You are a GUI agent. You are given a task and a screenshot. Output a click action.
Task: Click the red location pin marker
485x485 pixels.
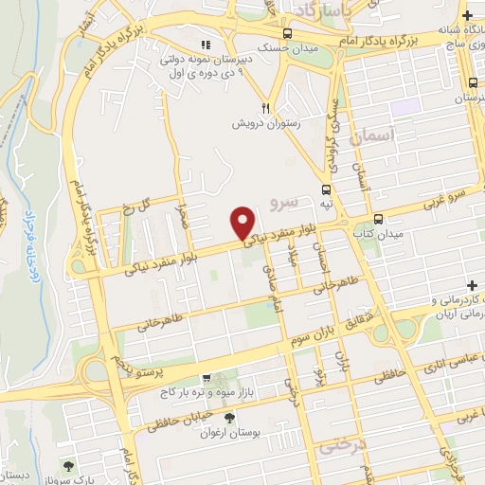click(x=242, y=223)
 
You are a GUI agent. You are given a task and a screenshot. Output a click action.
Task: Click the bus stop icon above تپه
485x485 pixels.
click(x=326, y=189)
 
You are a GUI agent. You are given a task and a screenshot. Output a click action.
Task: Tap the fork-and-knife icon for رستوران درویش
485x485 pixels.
click(x=267, y=109)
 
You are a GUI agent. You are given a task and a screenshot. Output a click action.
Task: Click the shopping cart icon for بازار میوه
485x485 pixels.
click(x=193, y=379)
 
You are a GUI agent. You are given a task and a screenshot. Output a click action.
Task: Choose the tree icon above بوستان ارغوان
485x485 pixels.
click(x=228, y=417)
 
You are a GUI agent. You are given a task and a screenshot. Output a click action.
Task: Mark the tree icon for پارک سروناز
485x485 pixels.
click(x=68, y=465)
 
